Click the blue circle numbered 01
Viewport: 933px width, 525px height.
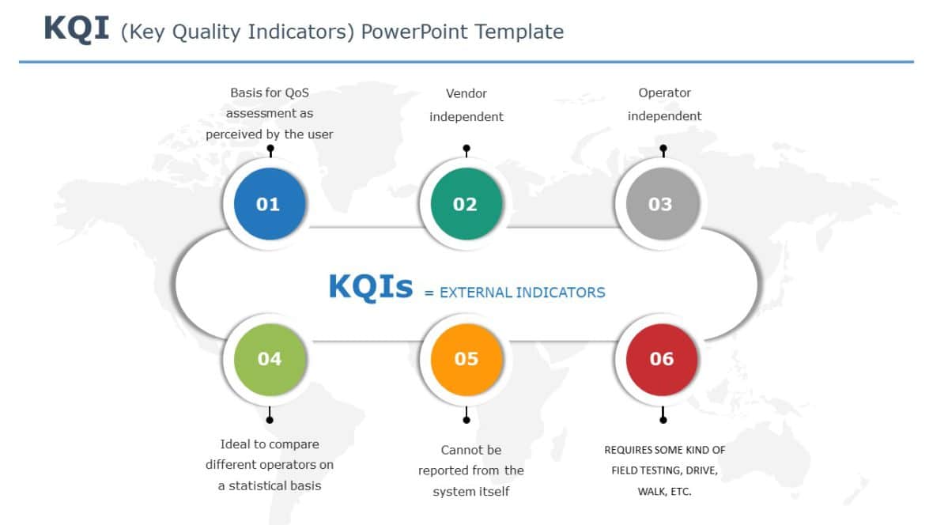(268, 204)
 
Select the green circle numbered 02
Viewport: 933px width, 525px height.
(466, 204)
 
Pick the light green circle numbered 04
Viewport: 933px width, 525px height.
(269, 359)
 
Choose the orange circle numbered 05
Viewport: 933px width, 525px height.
(466, 359)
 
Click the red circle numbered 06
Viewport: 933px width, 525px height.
(662, 359)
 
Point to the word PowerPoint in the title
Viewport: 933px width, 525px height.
(403, 32)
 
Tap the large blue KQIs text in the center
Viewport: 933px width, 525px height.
(370, 287)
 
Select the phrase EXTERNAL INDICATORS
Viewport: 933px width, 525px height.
(522, 293)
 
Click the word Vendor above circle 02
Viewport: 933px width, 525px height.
(466, 93)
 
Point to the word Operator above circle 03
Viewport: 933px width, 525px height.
(664, 93)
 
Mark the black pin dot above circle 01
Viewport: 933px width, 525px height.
(270, 148)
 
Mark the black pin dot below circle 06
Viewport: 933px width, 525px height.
(663, 419)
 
